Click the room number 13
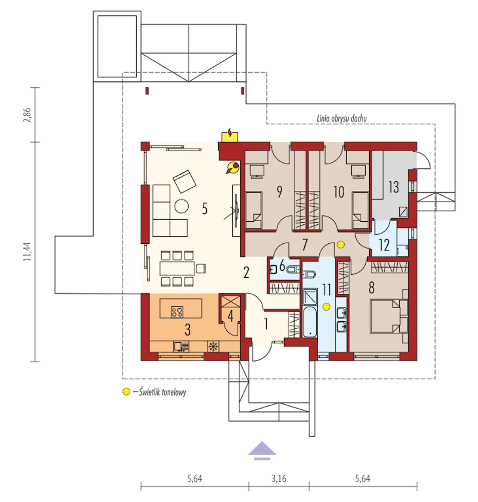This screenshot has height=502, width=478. click(394, 187)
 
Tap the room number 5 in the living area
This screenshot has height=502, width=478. click(205, 209)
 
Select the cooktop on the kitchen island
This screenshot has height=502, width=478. click(177, 312)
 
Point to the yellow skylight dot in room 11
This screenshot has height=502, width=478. click(326, 307)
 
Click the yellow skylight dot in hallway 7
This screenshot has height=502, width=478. click(340, 244)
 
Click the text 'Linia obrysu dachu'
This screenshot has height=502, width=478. click(342, 118)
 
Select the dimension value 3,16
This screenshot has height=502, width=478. click(279, 478)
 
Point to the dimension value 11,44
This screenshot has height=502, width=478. click(27, 251)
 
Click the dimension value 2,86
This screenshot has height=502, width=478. click(27, 115)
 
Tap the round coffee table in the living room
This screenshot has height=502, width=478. click(181, 206)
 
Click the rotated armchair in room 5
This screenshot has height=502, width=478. click(184, 181)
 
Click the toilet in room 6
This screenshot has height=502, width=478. click(294, 269)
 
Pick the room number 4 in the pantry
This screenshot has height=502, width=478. click(230, 317)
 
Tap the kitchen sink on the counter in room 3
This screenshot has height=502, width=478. click(181, 346)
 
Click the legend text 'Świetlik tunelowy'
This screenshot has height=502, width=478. click(162, 392)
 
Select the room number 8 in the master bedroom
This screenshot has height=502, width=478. click(372, 288)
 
